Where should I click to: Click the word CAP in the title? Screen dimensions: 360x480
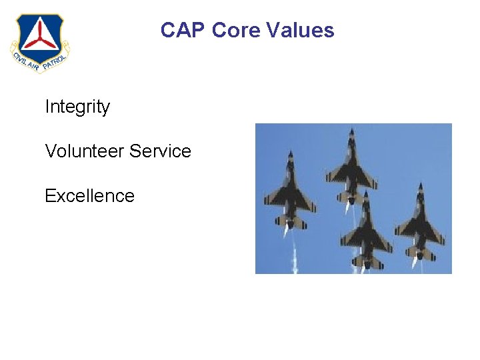(183, 30)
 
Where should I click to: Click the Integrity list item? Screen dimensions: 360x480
(77, 107)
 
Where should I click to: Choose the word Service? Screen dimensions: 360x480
(161, 151)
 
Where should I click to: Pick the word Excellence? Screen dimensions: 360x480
(89, 196)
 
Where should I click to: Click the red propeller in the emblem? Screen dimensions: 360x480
(38, 35)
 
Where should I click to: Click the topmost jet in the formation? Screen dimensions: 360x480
(351, 167)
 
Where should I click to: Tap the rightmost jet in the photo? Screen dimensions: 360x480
(419, 223)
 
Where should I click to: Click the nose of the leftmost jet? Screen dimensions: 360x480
(290, 154)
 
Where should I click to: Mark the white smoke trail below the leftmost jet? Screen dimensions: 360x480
(293, 257)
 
